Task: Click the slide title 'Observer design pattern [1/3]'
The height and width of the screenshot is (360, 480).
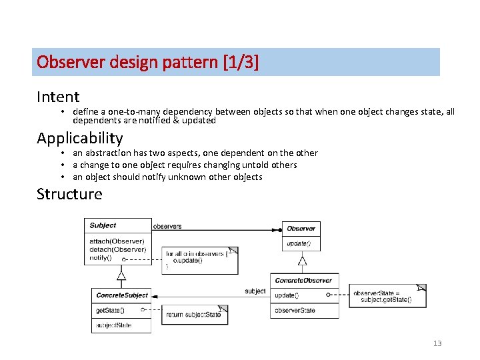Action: pos(147,62)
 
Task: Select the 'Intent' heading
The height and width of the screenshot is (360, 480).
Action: pos(58,97)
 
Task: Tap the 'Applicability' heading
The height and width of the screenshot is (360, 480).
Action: pos(79,138)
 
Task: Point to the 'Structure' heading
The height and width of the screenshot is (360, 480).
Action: pos(69,194)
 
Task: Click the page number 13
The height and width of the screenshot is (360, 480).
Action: pos(437,343)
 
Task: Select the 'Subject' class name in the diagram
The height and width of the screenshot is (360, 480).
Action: pos(103,225)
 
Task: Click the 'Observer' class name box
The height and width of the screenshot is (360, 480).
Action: pos(301,228)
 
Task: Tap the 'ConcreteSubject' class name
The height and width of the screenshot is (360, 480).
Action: pos(121,295)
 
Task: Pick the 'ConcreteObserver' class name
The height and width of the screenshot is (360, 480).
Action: pos(303,280)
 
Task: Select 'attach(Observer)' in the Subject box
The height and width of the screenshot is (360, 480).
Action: pos(117,240)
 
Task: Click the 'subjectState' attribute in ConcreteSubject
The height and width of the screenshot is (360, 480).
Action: pos(113,325)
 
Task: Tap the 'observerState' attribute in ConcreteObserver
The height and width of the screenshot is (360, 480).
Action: pos(295,310)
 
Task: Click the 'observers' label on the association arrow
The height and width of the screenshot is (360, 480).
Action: pos(167,226)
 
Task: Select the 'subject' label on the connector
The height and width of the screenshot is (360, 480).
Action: pos(255,291)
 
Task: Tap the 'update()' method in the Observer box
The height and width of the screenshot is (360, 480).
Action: pos(298,244)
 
